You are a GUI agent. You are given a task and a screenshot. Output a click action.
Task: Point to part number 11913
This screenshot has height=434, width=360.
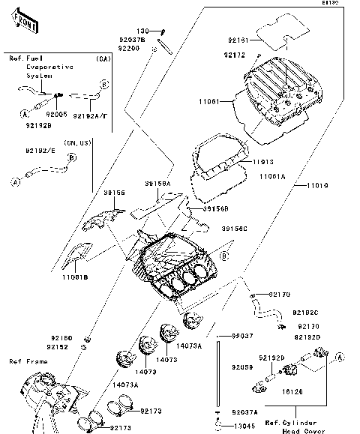click(262, 161)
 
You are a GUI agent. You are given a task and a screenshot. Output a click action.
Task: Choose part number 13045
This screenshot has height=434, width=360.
click(242, 426)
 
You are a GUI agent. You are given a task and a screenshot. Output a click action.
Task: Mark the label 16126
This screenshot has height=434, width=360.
click(292, 391)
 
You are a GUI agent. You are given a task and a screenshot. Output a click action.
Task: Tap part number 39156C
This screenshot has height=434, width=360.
click(236, 228)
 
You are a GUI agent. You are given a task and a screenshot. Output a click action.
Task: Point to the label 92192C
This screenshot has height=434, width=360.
click(305, 313)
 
